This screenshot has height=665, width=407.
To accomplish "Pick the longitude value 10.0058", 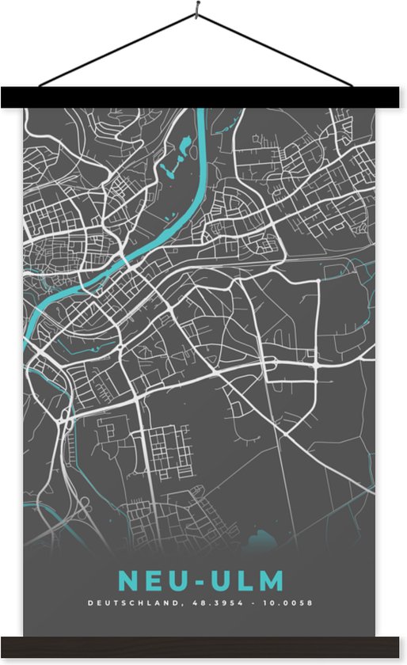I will tap(291, 603).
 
